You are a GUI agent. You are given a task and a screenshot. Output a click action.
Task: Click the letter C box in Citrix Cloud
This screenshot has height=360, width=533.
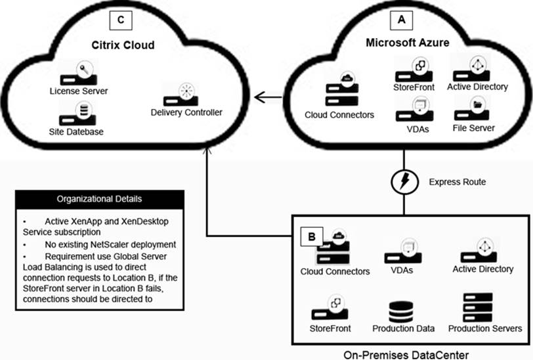click(x=121, y=20)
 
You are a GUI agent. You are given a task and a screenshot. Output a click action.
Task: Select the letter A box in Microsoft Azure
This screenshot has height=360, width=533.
click(x=402, y=20)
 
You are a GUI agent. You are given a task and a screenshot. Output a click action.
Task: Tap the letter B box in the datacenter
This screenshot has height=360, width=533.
click(x=312, y=236)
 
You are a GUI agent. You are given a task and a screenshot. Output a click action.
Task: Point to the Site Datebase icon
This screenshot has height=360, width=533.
click(x=77, y=115)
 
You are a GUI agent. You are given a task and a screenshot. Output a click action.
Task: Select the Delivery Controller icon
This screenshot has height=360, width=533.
click(x=181, y=95)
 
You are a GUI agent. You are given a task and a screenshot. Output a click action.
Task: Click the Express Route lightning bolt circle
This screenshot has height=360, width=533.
click(x=404, y=182)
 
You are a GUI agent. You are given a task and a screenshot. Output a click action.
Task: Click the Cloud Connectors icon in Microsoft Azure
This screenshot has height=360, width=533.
click(x=342, y=89)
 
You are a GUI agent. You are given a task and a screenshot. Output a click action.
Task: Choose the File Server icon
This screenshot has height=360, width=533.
click(x=472, y=109)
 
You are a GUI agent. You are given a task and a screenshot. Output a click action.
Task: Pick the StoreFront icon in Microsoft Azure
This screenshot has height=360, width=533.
click(x=414, y=70)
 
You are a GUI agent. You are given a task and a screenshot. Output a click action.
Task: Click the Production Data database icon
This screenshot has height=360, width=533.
click(x=401, y=311)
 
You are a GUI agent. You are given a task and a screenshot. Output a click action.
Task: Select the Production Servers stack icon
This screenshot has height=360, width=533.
click(x=478, y=307)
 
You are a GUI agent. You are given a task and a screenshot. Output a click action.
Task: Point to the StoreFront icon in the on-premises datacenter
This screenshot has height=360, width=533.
click(x=330, y=307)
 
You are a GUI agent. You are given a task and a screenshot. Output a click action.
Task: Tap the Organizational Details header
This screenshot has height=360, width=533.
click(x=100, y=199)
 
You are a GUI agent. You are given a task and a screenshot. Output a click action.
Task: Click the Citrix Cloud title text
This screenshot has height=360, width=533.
click(x=123, y=45)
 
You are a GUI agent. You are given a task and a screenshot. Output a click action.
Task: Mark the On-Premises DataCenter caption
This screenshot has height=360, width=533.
click(x=406, y=355)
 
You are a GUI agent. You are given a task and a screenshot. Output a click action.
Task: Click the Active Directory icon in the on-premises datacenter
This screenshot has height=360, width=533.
click(x=479, y=250)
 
